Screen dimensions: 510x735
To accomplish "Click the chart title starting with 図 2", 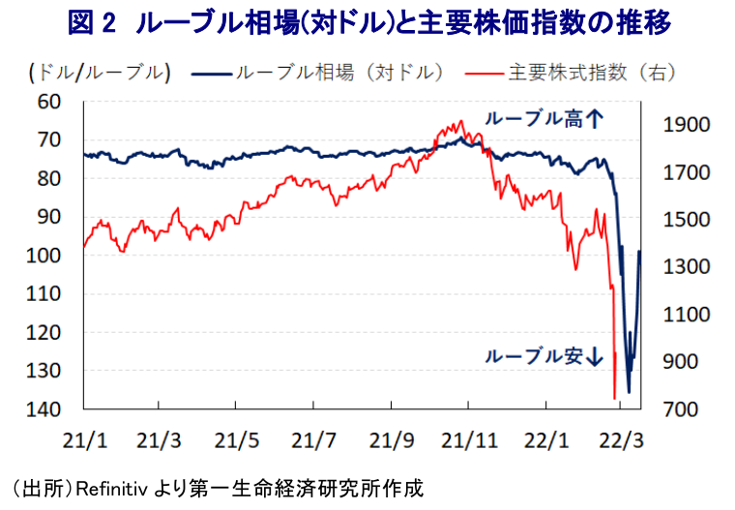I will pos(367,22).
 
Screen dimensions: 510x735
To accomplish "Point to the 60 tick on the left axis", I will pos(48,102).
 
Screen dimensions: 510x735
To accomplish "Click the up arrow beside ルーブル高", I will pos(595,119).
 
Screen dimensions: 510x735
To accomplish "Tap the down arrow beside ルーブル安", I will pos(595,356).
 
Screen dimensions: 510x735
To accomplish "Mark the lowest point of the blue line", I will pos(629,392).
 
